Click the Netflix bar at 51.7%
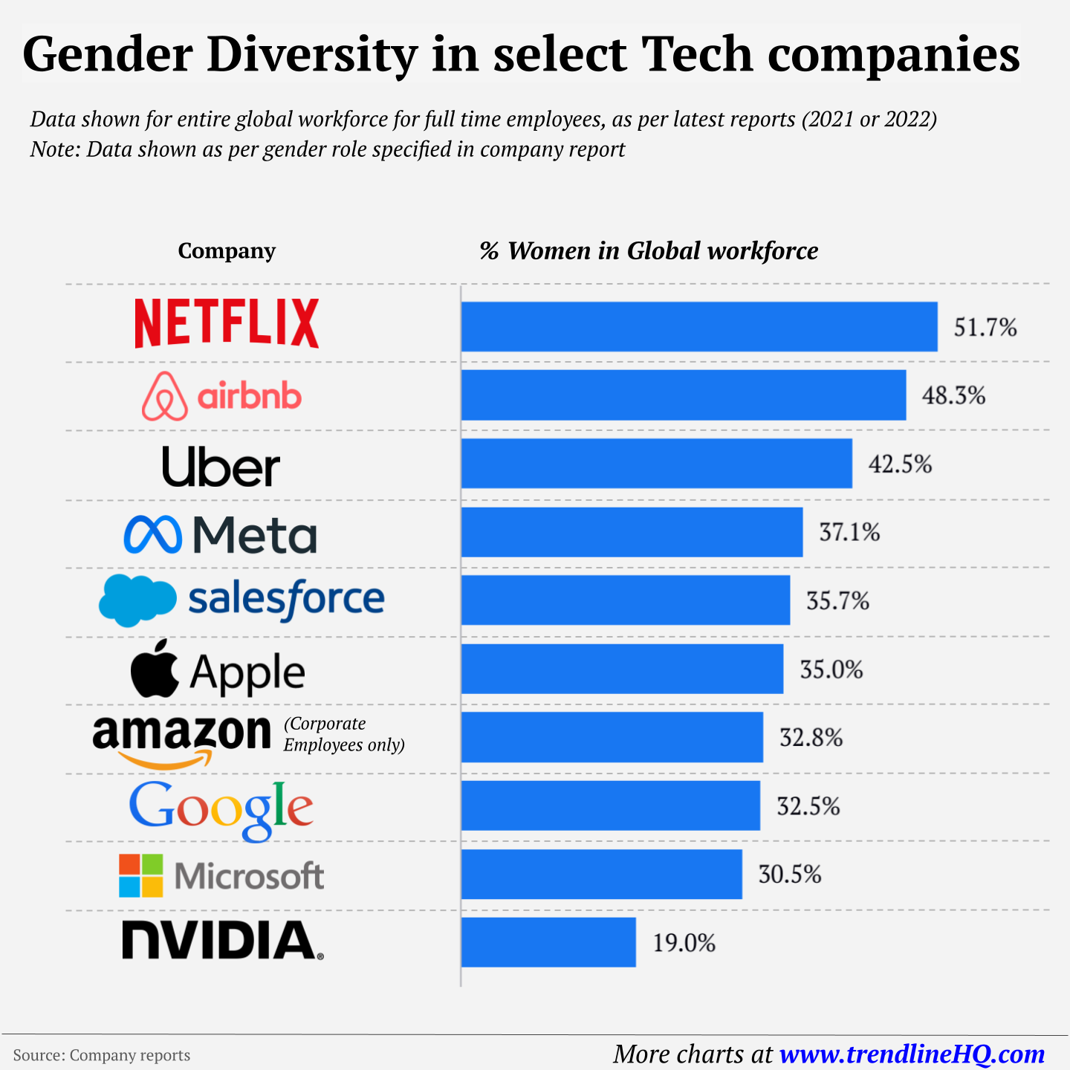[x=698, y=326]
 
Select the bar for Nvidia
[x=548, y=942]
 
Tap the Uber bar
[x=656, y=464]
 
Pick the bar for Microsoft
[x=601, y=874]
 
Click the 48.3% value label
[x=953, y=395]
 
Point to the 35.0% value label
[x=831, y=669]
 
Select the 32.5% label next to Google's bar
[x=808, y=806]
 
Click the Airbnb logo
[x=221, y=396]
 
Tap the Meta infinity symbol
[x=152, y=534]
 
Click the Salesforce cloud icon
[x=137, y=599]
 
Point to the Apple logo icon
[x=155, y=669]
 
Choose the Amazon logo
[x=181, y=739]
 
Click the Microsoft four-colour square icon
[x=140, y=875]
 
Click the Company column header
[x=227, y=251]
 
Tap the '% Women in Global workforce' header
[x=648, y=251]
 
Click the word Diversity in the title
[x=312, y=54]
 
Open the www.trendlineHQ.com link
[x=912, y=1054]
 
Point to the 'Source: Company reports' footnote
[x=102, y=1055]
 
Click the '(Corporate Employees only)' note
[x=343, y=734]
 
